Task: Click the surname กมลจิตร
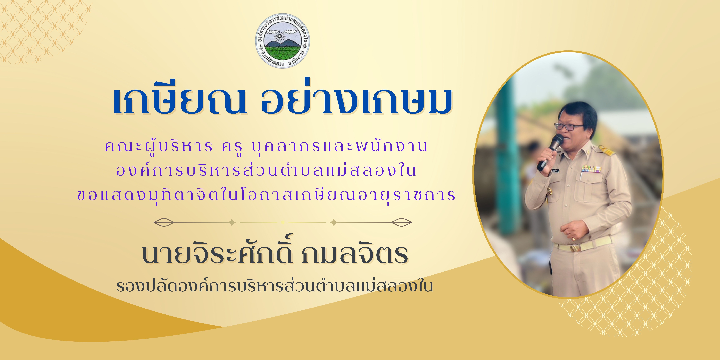coord(354,254)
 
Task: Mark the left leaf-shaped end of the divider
coord(164,222)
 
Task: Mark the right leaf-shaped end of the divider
coord(401,222)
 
